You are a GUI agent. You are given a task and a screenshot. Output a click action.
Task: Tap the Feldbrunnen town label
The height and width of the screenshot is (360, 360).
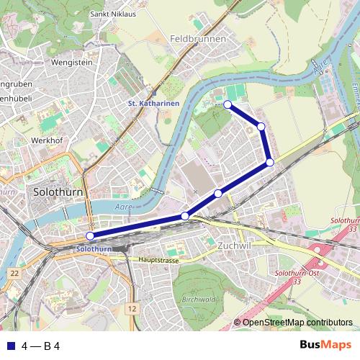pos(199,39)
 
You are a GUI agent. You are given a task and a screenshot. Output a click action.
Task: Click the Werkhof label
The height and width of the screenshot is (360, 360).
pos(48,140)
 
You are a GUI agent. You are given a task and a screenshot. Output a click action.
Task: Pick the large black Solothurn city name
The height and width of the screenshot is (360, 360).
pos(58,193)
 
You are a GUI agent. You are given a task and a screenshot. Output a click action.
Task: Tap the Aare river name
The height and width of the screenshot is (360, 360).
pos(121,205)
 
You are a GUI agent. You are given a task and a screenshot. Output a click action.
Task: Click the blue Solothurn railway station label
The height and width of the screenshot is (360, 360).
pos(92,248)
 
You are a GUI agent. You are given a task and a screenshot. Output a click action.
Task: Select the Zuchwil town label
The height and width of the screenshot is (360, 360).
pos(233,246)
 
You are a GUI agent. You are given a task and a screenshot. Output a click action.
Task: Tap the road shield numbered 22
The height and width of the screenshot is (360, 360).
pos(14,274)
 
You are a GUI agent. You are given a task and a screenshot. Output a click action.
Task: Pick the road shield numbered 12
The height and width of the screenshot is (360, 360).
pos(130,308)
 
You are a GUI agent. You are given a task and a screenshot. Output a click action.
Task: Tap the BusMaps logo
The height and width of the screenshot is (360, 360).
pos(325,346)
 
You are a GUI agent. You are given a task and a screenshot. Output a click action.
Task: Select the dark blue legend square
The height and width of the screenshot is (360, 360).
pos(10,346)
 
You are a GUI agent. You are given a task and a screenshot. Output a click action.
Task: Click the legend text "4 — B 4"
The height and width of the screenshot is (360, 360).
pos(40,346)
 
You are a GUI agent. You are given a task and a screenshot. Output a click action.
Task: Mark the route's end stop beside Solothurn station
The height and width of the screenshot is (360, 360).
pos(90,236)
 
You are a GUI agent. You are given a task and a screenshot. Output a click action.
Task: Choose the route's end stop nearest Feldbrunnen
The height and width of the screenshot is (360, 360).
pos(228,105)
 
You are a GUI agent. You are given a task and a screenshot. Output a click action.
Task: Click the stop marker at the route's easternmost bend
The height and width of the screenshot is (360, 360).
pos(269,162)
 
